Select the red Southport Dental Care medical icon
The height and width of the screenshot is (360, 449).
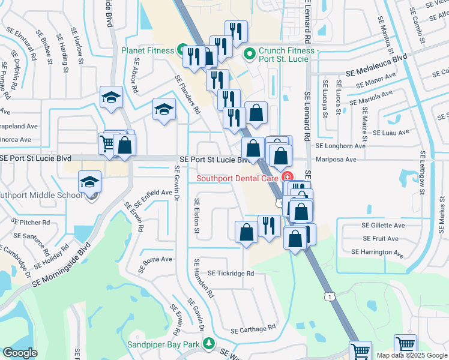[287, 178]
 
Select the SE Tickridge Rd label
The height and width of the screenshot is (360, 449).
[231, 273]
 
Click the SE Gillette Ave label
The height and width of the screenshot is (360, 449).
[383, 226]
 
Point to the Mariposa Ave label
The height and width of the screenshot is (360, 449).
[336, 160]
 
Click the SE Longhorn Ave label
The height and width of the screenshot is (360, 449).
[340, 146]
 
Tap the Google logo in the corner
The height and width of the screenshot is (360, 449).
[20, 353]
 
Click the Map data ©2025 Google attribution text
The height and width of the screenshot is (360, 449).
[411, 355]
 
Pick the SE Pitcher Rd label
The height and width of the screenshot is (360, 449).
[30, 222]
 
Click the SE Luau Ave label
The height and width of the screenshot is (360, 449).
[391, 132]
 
